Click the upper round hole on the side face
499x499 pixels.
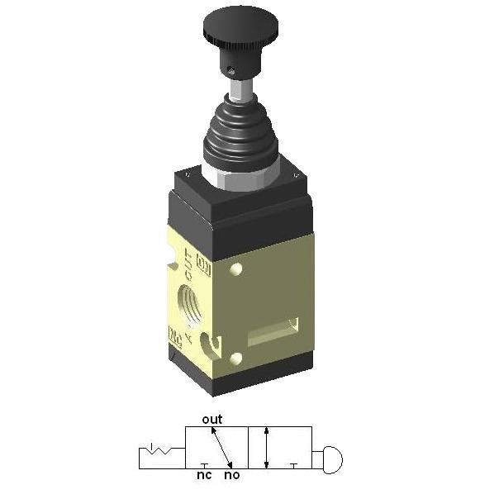coord(237,269)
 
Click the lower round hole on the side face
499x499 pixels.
coord(237,357)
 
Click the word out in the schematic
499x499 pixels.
coord(212,420)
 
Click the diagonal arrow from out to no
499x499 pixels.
coord(221,447)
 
